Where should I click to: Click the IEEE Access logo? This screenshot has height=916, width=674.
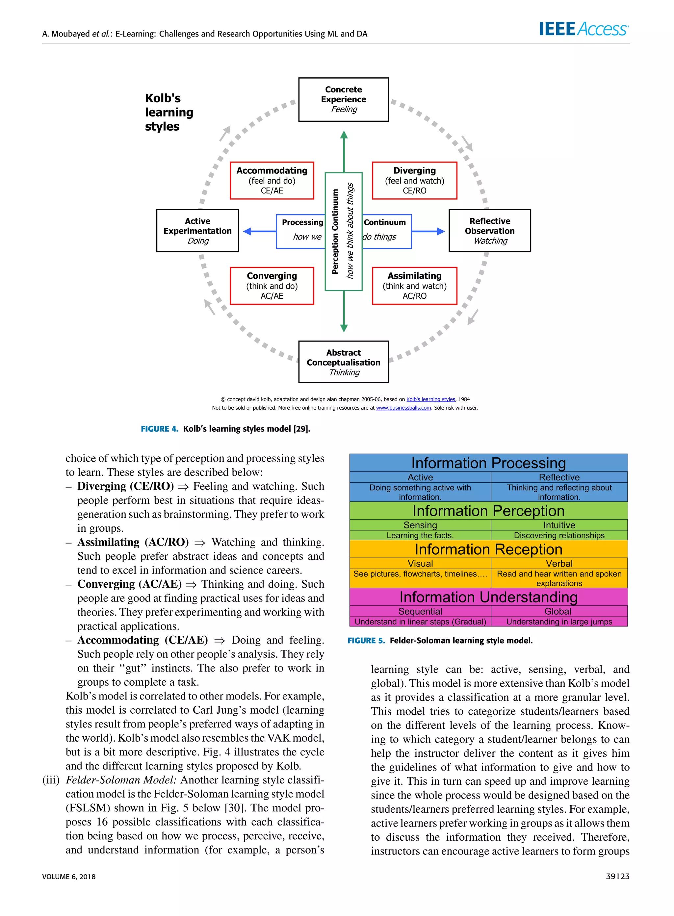583,29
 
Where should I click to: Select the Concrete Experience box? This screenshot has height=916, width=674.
343,99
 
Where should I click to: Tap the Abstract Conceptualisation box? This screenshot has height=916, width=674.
343,362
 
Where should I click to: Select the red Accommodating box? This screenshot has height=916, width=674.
272,180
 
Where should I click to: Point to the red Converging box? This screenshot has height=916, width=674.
272,286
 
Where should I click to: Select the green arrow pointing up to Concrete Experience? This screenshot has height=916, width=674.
344,151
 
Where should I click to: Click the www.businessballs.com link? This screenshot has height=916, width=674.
403,408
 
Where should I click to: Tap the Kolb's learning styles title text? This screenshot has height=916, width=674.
168,112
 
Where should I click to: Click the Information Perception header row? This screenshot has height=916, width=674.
488,511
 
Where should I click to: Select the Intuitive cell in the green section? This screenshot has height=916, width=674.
558,525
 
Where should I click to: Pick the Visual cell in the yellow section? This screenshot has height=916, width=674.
420,563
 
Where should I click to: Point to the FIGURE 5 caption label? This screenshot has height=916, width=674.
366,640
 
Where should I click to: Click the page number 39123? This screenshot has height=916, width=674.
617,876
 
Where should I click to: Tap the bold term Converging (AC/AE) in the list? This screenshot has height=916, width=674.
129,584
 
